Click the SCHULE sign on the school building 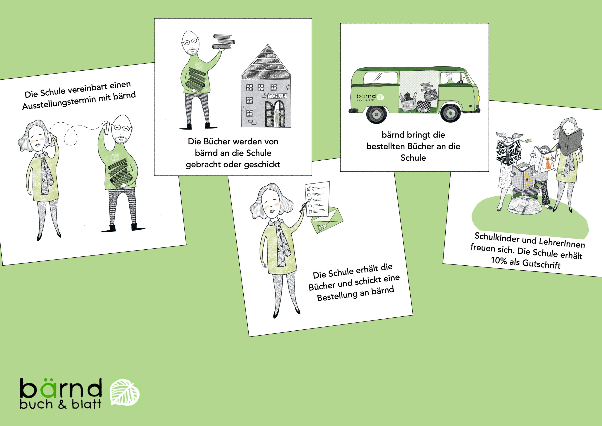point(277,96)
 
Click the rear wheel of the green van point(376,114)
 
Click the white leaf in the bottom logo point(125,392)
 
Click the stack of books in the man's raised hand point(223,42)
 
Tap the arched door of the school point(274,114)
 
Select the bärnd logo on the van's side point(370,97)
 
